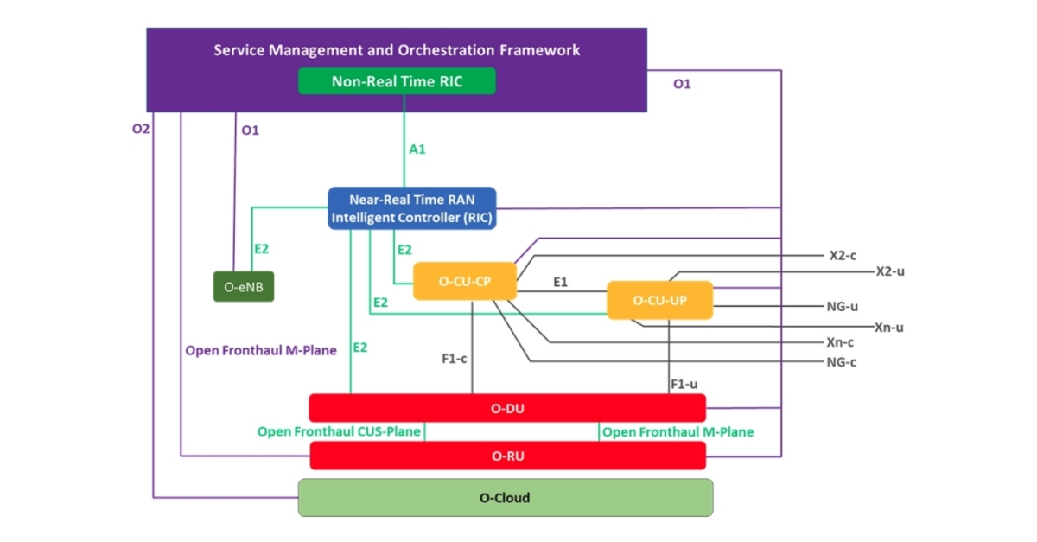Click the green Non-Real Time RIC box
coord(397,81)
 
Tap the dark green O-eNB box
coord(244,286)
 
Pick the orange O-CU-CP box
coord(465,281)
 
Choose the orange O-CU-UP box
coord(659,300)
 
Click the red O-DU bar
coord(507,408)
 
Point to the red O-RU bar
coord(507,456)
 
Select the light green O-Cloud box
coord(505,498)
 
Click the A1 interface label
coord(417,149)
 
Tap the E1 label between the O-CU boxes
coord(560,282)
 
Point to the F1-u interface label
coord(684,383)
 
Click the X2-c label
coord(842,256)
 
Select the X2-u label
coord(890,271)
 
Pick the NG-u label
coord(842,306)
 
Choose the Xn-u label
coord(889,328)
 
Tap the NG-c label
coord(842,361)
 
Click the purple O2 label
coord(141,130)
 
